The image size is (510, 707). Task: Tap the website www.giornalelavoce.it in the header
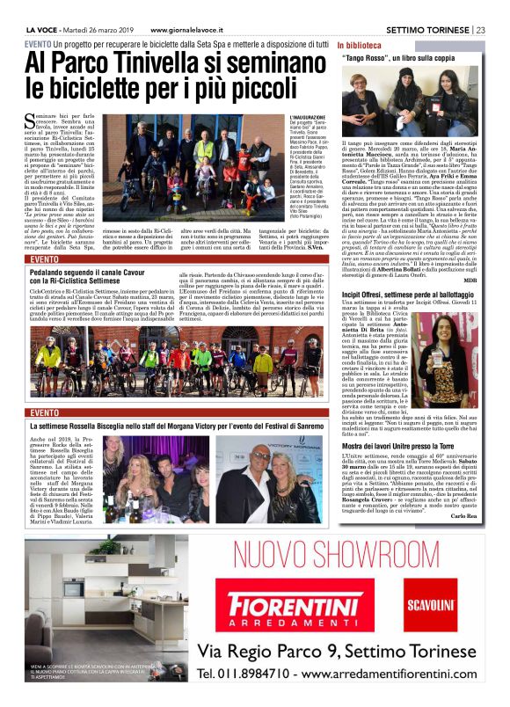tap(194, 29)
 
